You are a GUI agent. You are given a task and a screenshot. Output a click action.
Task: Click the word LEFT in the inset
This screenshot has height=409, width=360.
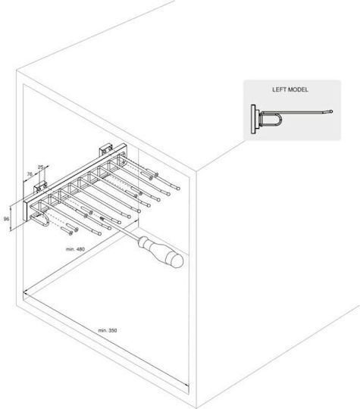[x=279, y=89]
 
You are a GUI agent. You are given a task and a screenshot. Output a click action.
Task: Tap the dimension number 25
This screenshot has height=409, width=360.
[x=40, y=167]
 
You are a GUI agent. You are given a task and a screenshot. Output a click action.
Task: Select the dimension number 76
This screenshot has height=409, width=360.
[x=30, y=174]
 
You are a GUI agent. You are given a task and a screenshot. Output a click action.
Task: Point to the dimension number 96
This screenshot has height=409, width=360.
[x=6, y=219]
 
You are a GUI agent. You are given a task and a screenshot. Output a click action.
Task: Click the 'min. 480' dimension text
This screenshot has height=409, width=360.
[x=75, y=249]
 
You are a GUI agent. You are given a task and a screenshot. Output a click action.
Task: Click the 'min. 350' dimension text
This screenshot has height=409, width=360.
[x=108, y=330]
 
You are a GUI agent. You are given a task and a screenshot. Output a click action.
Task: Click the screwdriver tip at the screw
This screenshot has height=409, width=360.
[x=102, y=218]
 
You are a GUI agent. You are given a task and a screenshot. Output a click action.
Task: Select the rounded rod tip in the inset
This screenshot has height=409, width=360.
[x=331, y=111]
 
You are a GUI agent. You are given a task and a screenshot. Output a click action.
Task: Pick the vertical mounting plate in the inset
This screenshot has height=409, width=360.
[x=253, y=119]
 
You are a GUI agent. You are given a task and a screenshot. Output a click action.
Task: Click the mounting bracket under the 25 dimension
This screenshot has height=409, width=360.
[x=40, y=187]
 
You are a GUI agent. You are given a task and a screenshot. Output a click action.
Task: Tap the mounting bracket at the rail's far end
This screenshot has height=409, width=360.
[x=106, y=151]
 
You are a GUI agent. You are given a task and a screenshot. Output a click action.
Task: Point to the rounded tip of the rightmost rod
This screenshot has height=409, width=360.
[x=178, y=188]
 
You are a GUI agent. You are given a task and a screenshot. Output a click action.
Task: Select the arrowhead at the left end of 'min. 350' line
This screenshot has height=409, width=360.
[x=26, y=293]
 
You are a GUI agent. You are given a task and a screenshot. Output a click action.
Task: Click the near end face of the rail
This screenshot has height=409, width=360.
[x=25, y=211]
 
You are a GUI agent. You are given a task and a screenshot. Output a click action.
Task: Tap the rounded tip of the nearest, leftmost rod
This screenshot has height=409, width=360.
[x=100, y=234]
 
